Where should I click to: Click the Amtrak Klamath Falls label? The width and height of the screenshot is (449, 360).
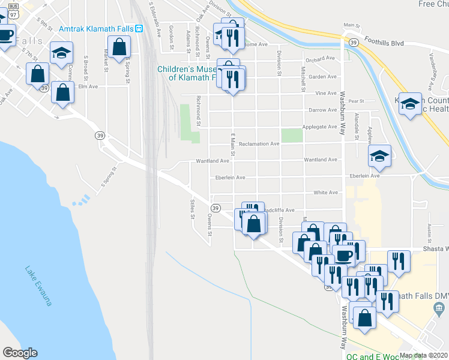point(96,29)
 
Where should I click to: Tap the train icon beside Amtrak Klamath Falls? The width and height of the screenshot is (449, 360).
point(139,28)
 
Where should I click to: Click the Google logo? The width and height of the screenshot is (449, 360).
point(20,353)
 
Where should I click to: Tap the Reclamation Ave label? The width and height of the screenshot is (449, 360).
point(259,144)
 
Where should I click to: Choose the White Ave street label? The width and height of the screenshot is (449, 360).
point(325,193)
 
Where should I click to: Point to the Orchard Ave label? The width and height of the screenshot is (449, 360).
point(320,58)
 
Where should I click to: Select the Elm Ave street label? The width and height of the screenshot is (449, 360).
point(88,86)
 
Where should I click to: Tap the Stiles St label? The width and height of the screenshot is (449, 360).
point(192,209)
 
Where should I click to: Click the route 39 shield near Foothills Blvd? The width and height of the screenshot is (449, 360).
point(354,42)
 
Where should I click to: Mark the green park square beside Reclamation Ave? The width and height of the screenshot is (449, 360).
point(292,136)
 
